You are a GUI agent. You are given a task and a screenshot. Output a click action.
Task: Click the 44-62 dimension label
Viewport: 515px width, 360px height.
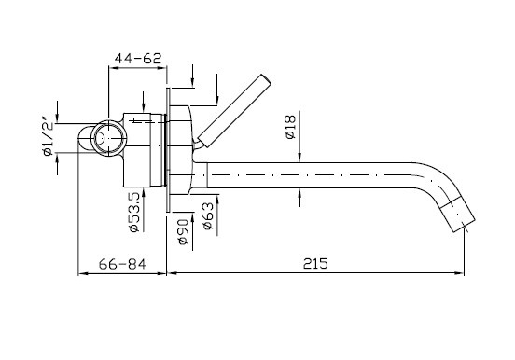pos(138,59)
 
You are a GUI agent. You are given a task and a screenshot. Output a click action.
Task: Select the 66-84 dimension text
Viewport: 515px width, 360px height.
pos(122,264)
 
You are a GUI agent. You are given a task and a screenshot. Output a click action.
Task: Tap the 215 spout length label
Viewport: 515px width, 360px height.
pos(315,263)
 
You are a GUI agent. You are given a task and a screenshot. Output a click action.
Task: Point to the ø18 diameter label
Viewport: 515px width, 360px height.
pos(291,127)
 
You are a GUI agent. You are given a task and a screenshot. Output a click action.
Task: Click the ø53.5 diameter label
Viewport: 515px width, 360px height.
pos(134,213)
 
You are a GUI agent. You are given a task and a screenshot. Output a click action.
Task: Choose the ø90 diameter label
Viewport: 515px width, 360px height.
pos(183,231)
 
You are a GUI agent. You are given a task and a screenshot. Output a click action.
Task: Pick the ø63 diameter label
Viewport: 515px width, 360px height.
pos(208,216)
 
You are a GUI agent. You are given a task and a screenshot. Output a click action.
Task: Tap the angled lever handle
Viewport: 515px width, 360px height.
pos(235,110)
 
